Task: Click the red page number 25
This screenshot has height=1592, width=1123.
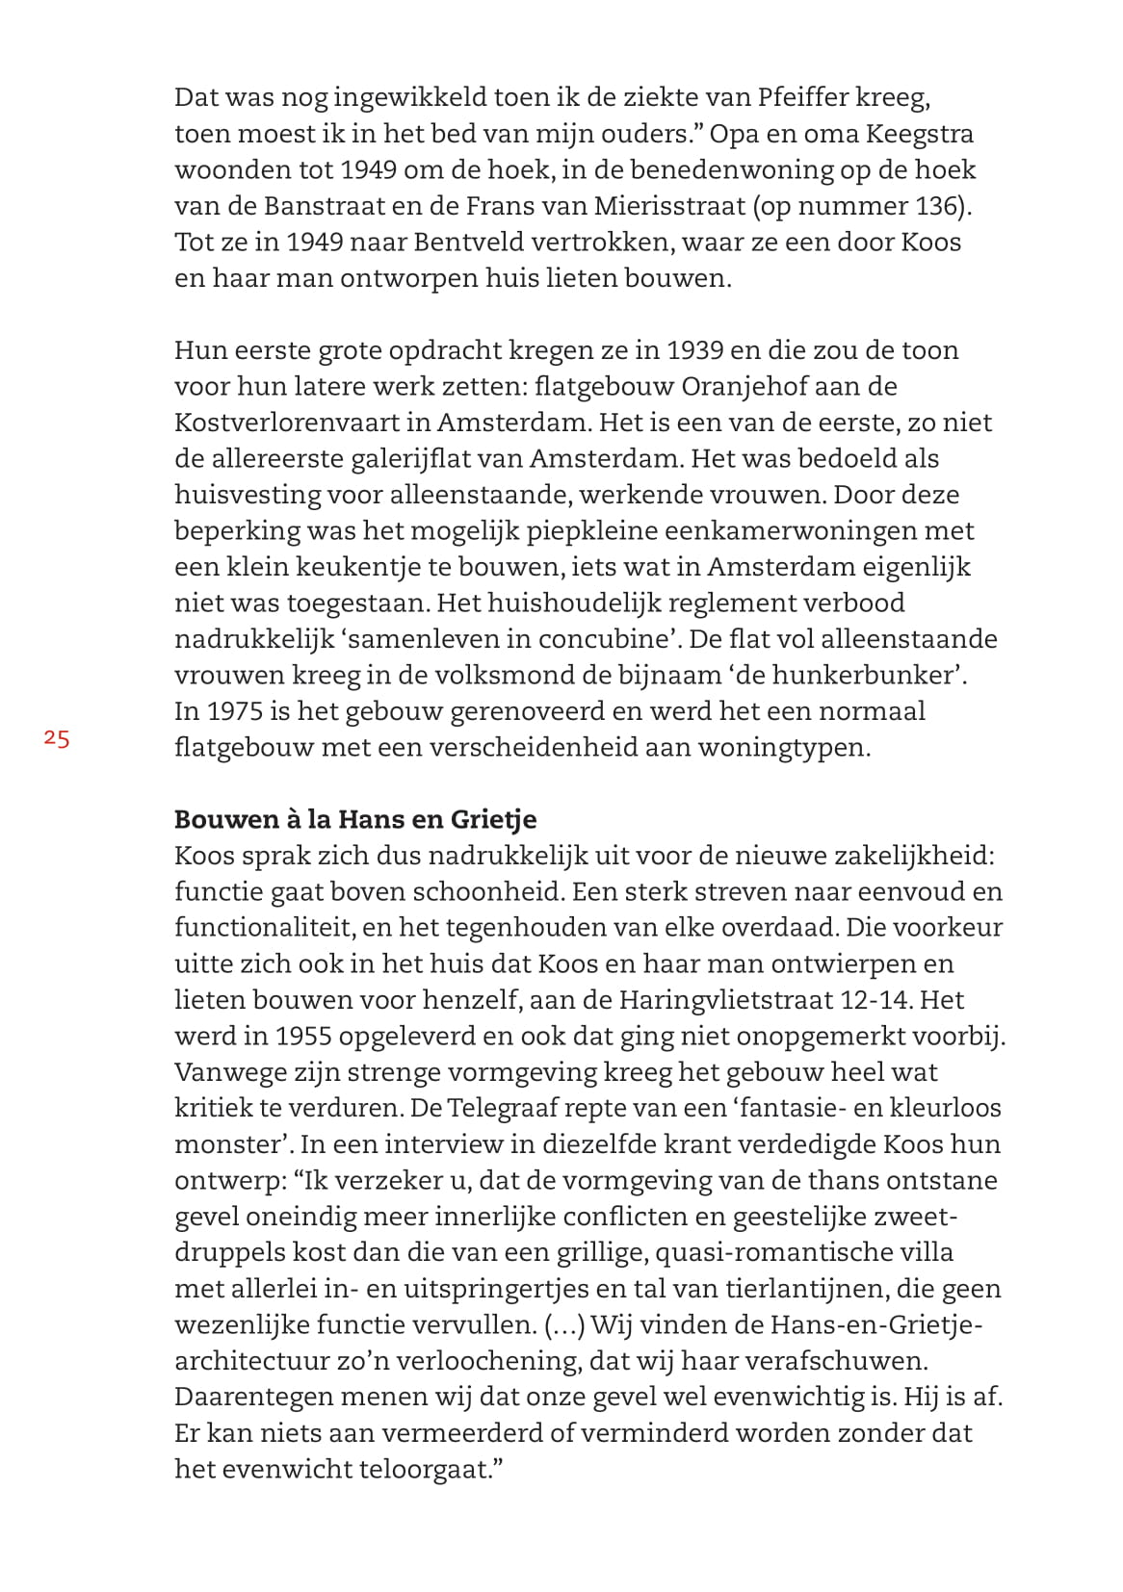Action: coord(57,739)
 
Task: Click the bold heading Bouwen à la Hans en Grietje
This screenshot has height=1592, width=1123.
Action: coord(355,819)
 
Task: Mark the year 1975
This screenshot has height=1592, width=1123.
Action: coord(234,711)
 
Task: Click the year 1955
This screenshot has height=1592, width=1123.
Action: coord(304,1036)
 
